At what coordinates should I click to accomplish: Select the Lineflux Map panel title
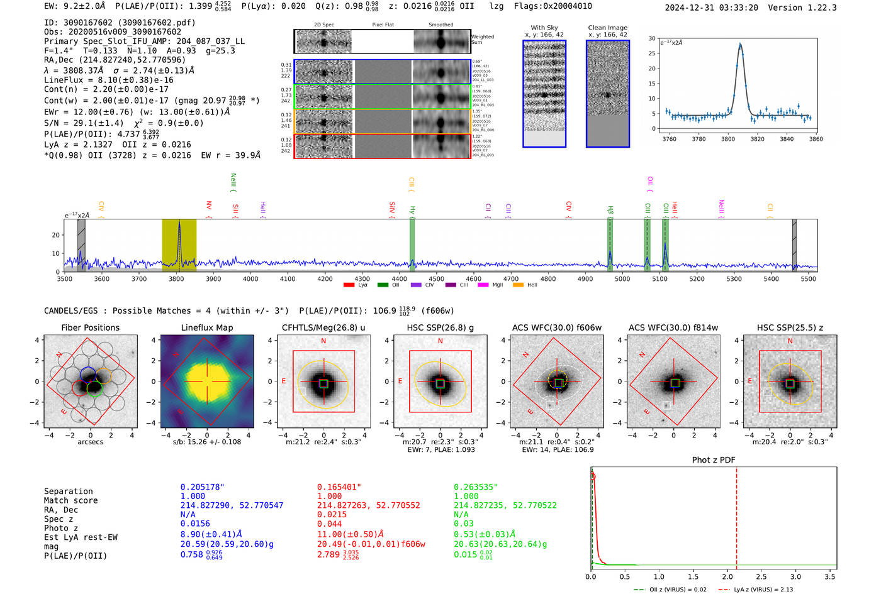206,327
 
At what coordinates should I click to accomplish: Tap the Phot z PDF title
714,459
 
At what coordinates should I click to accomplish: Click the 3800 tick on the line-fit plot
728,139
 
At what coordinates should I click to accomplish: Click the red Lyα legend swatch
349,285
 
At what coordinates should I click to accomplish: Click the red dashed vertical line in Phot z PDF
736,515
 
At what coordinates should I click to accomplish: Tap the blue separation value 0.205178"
202,487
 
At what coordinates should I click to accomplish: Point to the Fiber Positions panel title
90,327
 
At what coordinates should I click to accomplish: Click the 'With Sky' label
544,28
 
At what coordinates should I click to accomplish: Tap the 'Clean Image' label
607,28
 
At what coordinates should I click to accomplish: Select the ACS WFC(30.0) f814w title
673,327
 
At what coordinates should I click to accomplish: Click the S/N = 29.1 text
84,123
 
